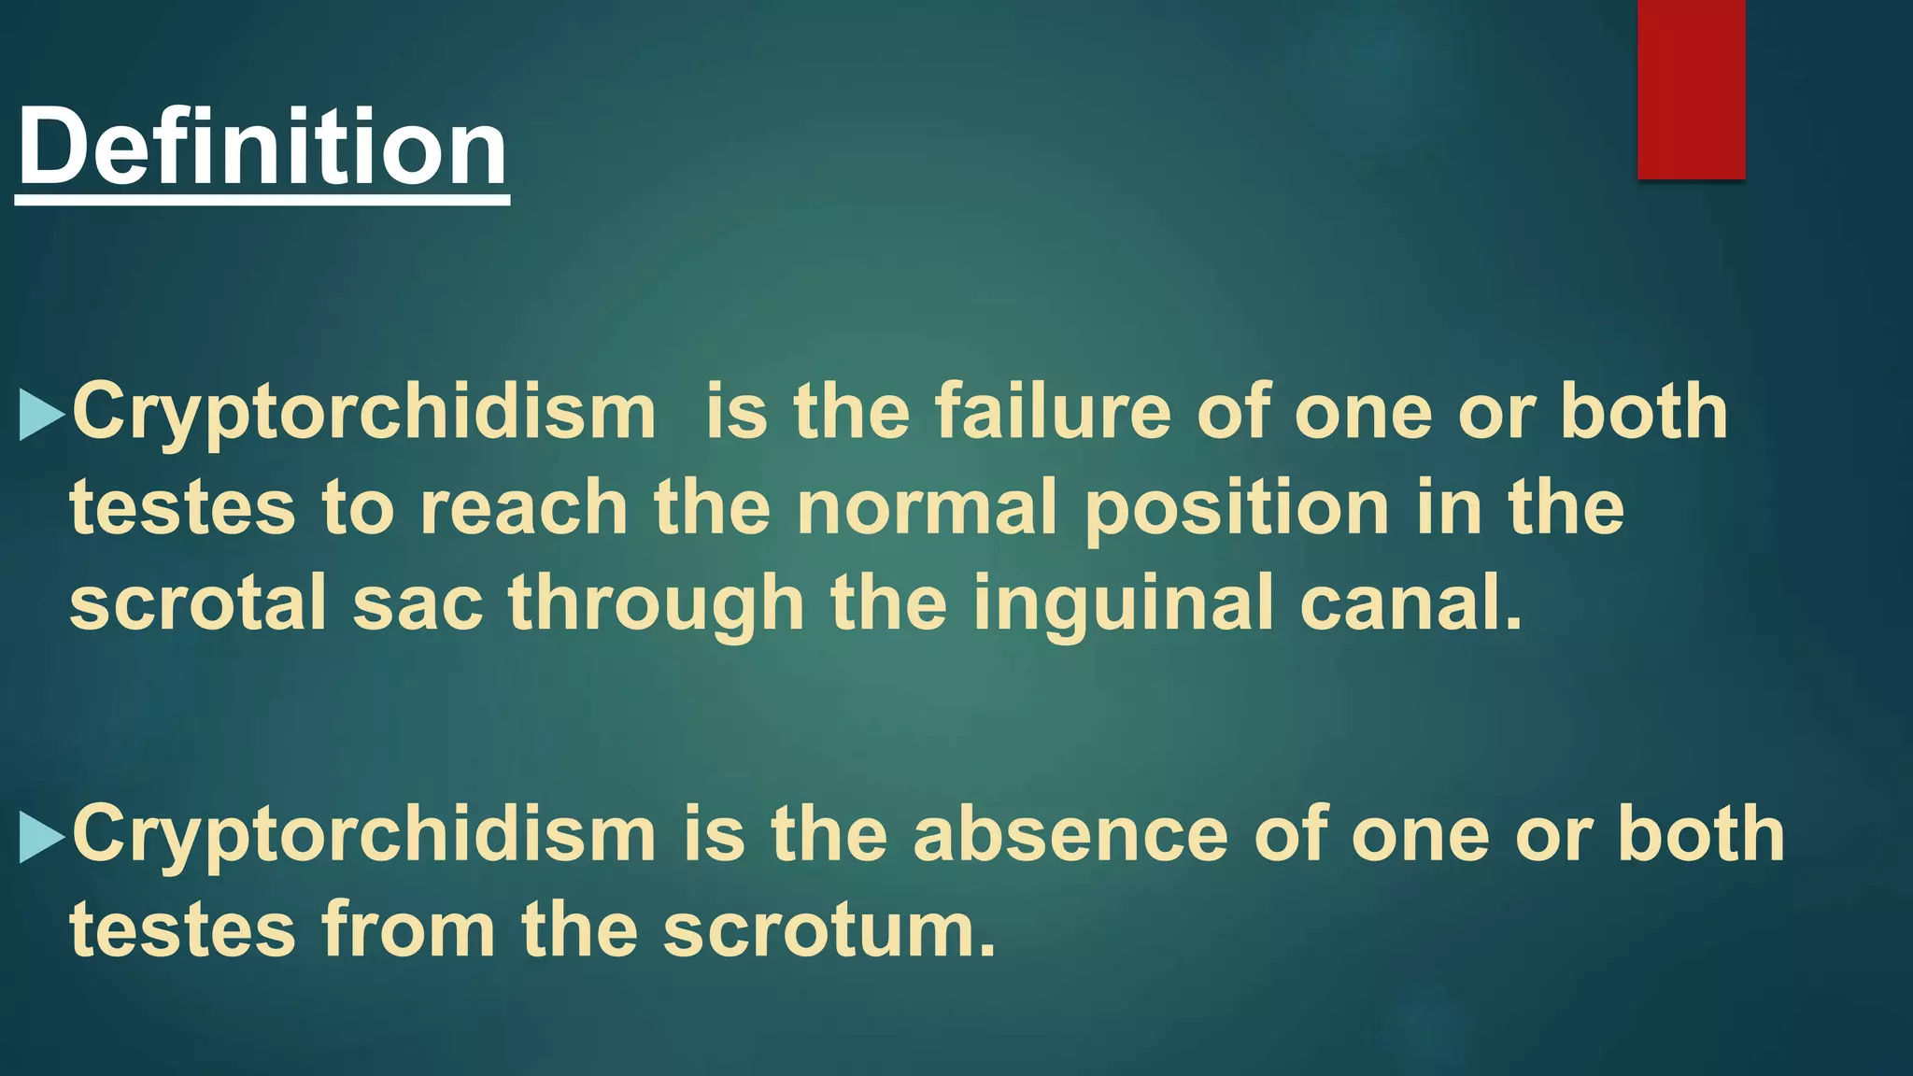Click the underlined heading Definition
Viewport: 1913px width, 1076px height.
(x=262, y=148)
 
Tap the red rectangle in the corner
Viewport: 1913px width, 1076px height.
(x=1691, y=89)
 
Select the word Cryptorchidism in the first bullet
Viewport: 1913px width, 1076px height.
(x=364, y=414)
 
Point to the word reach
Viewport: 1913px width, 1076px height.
(x=523, y=509)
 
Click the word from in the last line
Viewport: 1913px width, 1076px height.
(x=408, y=931)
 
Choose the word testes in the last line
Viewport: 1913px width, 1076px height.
(x=182, y=931)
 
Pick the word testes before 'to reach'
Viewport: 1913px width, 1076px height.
(x=182, y=509)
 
